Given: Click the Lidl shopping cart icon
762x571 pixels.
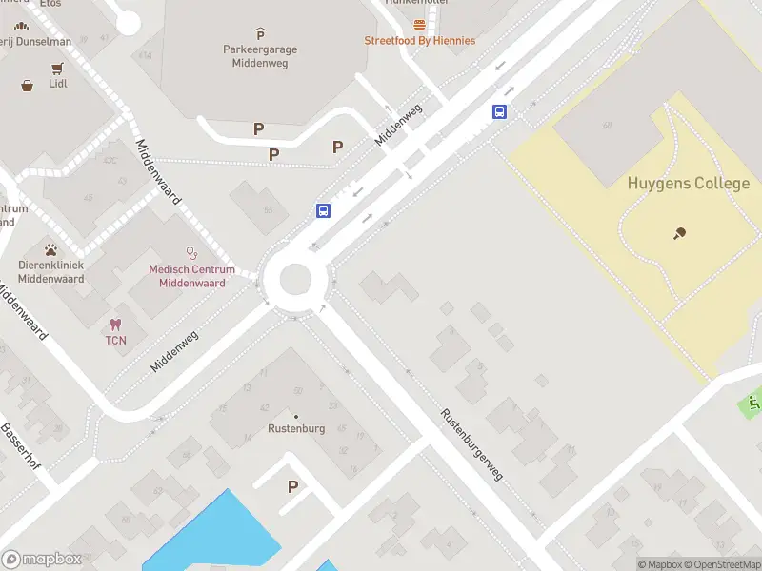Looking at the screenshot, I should pyautogui.click(x=57, y=68).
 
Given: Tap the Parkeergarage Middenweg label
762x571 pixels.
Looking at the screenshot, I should pyautogui.click(x=260, y=55).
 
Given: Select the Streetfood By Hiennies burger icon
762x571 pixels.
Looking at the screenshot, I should pyautogui.click(x=419, y=25).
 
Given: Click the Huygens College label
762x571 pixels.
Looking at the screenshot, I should pyautogui.click(x=688, y=184).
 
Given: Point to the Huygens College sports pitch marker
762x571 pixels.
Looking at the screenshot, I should pyautogui.click(x=679, y=233).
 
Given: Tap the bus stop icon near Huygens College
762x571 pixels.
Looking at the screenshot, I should pyautogui.click(x=499, y=111).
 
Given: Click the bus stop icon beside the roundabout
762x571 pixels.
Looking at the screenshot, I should pyautogui.click(x=324, y=210).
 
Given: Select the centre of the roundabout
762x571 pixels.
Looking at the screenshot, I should pyautogui.click(x=294, y=280).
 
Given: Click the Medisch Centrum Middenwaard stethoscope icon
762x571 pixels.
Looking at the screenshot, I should pyautogui.click(x=191, y=253).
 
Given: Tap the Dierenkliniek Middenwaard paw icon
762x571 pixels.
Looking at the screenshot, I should pyautogui.click(x=51, y=250).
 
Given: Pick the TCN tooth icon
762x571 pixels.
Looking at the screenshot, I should pyautogui.click(x=116, y=325).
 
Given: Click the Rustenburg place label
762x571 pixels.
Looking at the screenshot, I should pyautogui.click(x=295, y=428).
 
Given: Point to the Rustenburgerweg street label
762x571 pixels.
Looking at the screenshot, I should pyautogui.click(x=471, y=444).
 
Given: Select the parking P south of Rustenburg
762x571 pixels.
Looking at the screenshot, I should pyautogui.click(x=293, y=486).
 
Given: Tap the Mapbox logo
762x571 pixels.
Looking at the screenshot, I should pyautogui.click(x=42, y=560).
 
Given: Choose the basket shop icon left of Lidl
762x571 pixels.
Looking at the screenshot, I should pyautogui.click(x=28, y=85).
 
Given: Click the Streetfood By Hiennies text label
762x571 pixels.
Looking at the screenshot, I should pyautogui.click(x=419, y=41).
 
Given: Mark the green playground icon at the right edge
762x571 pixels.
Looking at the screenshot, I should pyautogui.click(x=754, y=403).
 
